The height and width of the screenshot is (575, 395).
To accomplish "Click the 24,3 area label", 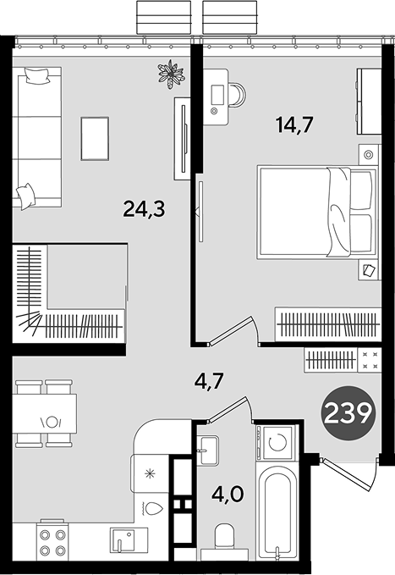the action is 144,209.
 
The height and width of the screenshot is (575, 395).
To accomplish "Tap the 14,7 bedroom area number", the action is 294,124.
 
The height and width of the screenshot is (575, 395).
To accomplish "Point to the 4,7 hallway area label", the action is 209,383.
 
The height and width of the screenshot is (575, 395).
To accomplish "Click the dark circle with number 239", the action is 348,412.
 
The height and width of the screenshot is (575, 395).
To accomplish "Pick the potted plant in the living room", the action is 171,74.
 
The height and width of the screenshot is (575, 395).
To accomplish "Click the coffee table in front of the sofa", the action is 95,139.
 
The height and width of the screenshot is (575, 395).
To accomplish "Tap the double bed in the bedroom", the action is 317,212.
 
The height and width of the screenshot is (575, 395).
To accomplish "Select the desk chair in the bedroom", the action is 239,95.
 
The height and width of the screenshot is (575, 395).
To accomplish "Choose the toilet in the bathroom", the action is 224,541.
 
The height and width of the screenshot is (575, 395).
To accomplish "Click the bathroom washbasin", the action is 207,451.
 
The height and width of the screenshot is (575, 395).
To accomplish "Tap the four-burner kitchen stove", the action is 52,541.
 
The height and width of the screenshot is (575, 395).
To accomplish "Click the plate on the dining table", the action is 52,422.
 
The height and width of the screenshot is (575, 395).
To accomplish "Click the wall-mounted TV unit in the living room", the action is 183,139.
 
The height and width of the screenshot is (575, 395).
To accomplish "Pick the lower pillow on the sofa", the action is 25,196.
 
